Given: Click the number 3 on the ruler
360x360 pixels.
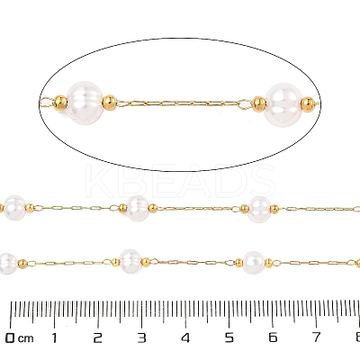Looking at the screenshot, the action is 142,338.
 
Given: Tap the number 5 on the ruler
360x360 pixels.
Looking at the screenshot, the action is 229,338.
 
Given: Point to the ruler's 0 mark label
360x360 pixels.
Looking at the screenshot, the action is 11,338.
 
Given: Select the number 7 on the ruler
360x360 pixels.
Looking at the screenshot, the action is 317,338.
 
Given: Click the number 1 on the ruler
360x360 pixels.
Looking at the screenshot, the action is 54,338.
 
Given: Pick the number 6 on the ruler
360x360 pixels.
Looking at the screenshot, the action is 273,338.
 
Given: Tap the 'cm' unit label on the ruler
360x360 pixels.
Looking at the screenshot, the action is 25,339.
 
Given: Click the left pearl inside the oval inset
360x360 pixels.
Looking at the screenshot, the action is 85,103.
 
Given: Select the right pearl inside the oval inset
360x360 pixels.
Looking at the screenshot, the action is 283,104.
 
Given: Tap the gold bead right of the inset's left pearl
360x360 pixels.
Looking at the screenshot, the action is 110,103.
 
